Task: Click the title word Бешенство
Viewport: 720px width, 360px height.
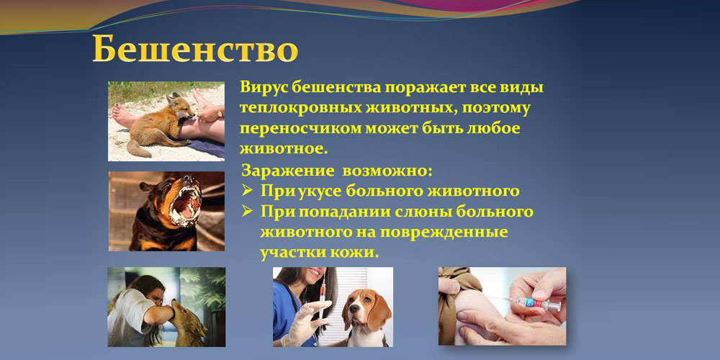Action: [x=195, y=50]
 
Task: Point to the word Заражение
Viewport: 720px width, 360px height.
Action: [x=287, y=171]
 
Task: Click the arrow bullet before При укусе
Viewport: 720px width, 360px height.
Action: [x=248, y=189]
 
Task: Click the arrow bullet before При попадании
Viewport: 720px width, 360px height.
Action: [x=248, y=211]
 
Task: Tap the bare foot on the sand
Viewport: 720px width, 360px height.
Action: [x=124, y=115]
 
